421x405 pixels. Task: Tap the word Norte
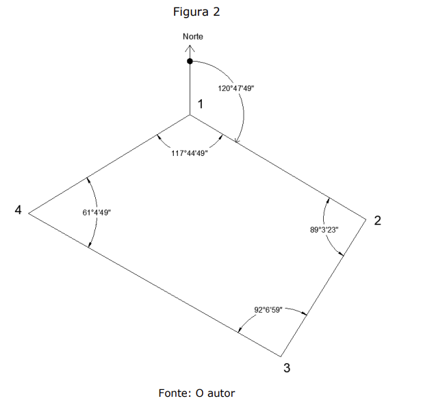192,36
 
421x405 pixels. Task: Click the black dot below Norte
190,62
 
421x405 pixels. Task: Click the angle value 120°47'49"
236,88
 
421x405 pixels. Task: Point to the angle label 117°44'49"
190,153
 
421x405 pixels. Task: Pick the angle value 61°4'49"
97,213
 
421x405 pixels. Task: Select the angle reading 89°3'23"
324,231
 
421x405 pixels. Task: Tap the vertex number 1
200,104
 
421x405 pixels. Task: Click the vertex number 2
377,220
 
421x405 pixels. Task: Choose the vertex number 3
287,368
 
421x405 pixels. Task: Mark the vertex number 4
18,210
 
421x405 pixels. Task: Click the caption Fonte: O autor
196,393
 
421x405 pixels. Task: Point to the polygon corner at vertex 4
28,213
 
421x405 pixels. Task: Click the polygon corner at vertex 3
281,356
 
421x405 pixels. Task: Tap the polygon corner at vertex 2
368,213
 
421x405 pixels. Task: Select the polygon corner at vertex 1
190,115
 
